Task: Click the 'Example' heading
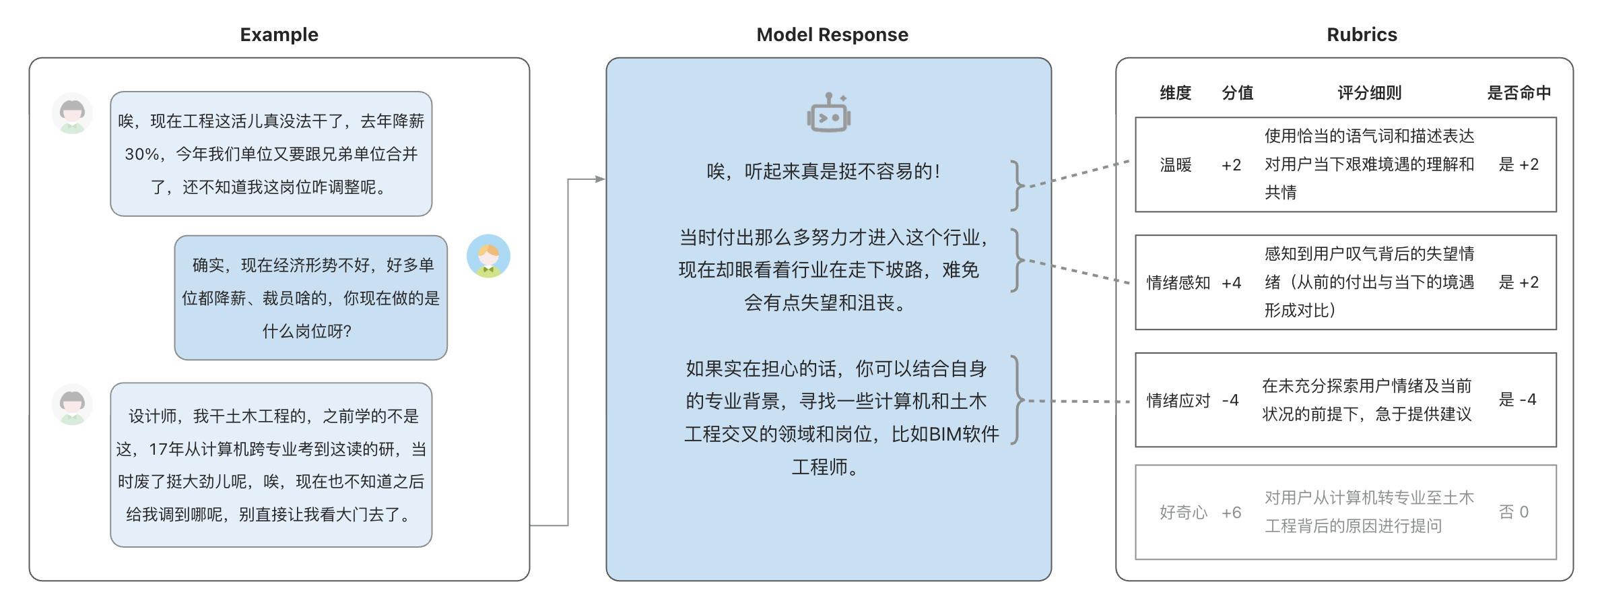point(279,34)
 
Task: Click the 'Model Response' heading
point(832,34)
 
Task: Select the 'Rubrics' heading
point(1362,34)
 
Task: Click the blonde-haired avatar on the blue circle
point(488,257)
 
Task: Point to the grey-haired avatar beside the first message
point(73,113)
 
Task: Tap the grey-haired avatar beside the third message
point(73,405)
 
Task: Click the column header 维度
point(1175,93)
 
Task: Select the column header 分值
point(1237,93)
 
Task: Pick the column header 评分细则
point(1369,93)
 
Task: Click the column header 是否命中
point(1519,93)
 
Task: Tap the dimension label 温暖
point(1176,165)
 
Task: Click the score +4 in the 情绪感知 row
point(1231,283)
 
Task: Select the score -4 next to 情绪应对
point(1230,400)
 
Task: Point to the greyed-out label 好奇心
point(1183,513)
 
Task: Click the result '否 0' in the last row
point(1513,512)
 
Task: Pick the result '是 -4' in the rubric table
point(1516,399)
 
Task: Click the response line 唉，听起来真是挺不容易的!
point(823,172)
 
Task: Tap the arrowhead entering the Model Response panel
point(599,179)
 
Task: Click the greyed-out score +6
point(1231,513)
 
